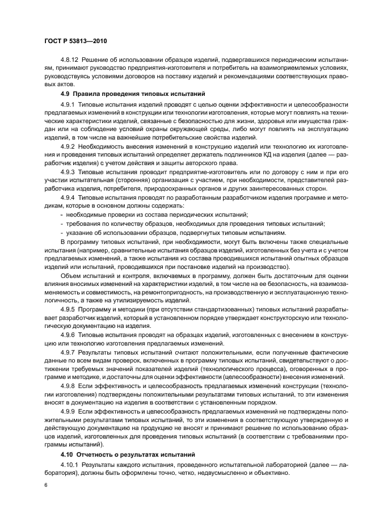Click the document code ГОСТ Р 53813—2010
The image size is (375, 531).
coord(77,42)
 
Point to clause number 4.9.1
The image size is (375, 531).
coord(68,105)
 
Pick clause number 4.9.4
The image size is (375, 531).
coord(68,198)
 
